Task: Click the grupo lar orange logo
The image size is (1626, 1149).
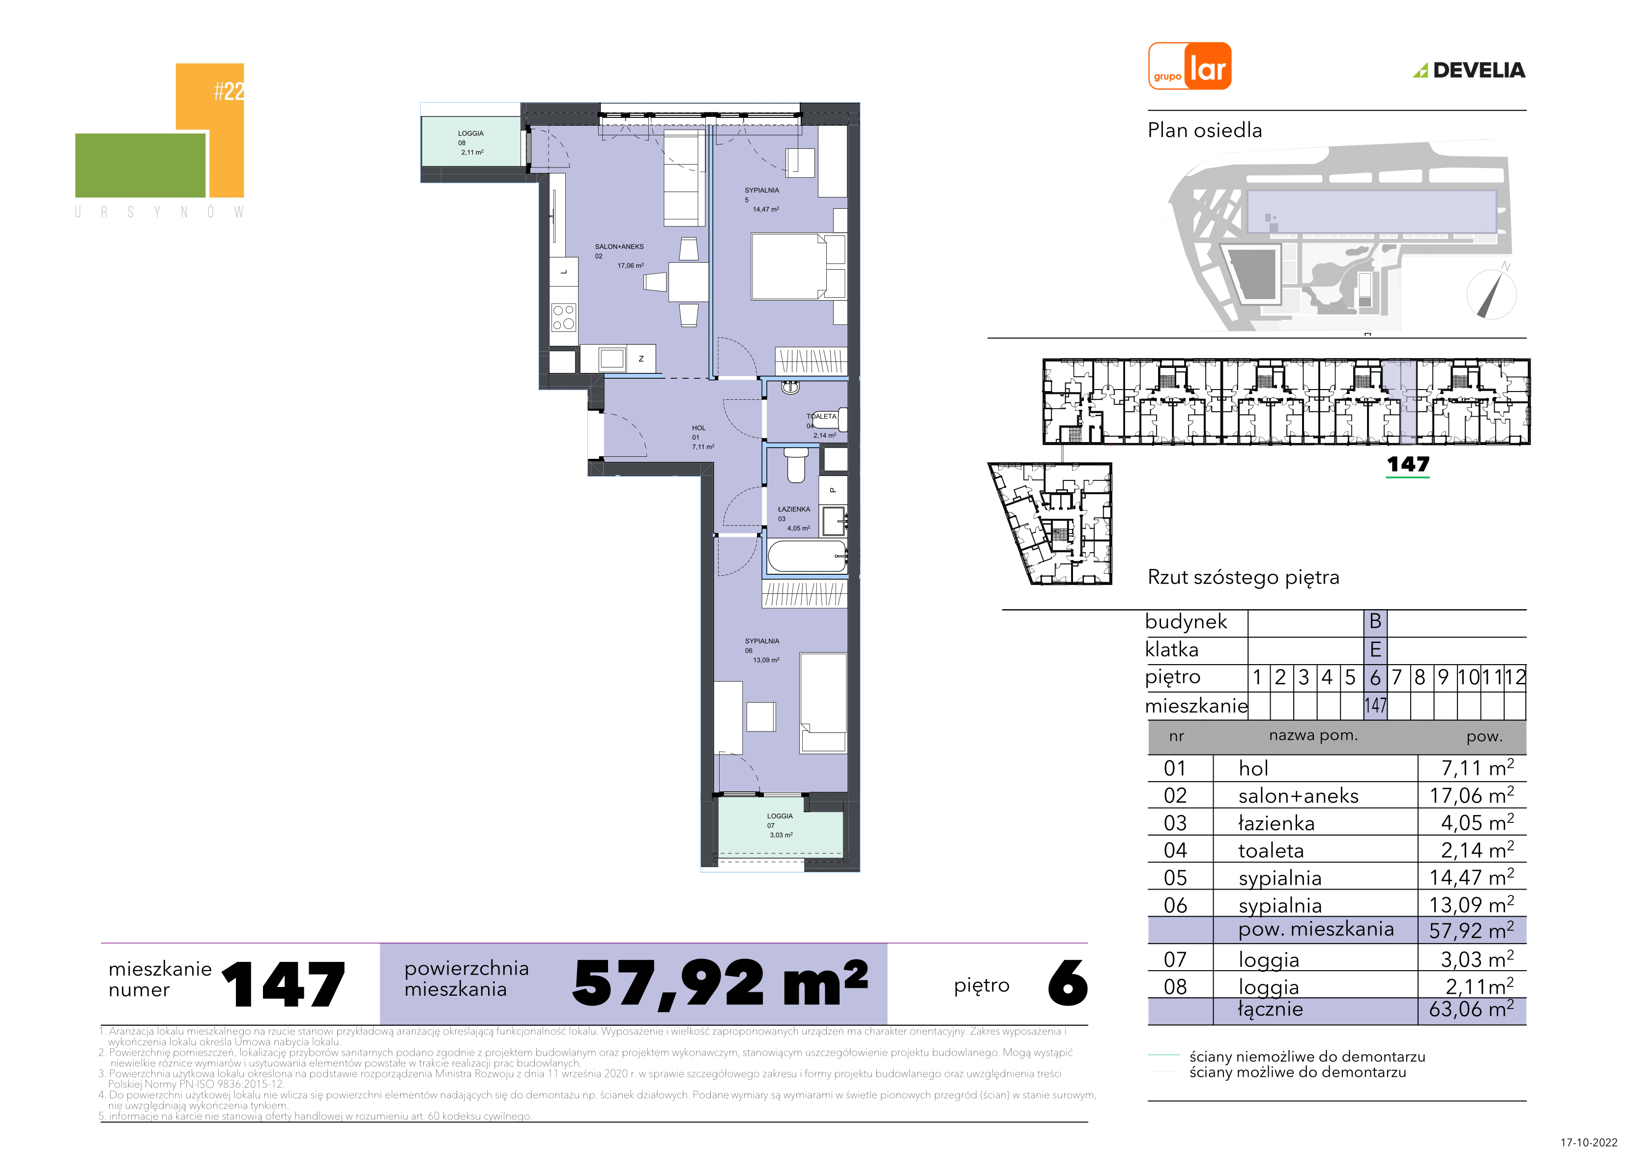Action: [x=1189, y=66]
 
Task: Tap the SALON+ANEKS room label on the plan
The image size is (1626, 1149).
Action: [x=619, y=247]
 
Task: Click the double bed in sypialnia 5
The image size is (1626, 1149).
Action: [x=797, y=267]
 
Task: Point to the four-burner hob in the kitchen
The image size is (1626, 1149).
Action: [x=564, y=317]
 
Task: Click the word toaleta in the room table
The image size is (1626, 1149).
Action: [x=1271, y=850]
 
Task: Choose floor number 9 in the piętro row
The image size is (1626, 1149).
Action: [x=1443, y=677]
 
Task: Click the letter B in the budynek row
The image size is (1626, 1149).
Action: [x=1375, y=621]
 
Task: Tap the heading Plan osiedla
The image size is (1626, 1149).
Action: [x=1205, y=130]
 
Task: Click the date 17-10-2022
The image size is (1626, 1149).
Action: [x=1589, y=1142]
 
